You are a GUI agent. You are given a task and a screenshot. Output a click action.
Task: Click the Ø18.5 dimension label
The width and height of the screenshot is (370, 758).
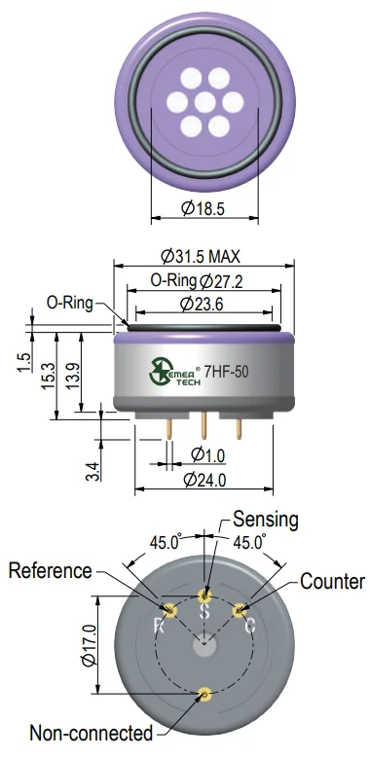(x=203, y=209)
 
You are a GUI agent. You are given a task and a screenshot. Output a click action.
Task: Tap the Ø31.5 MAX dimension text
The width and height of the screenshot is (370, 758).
(x=201, y=256)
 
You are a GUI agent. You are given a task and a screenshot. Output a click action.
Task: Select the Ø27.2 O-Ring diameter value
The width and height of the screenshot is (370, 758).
(x=221, y=281)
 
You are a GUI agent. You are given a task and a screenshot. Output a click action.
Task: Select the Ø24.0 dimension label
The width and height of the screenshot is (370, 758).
(x=205, y=480)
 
